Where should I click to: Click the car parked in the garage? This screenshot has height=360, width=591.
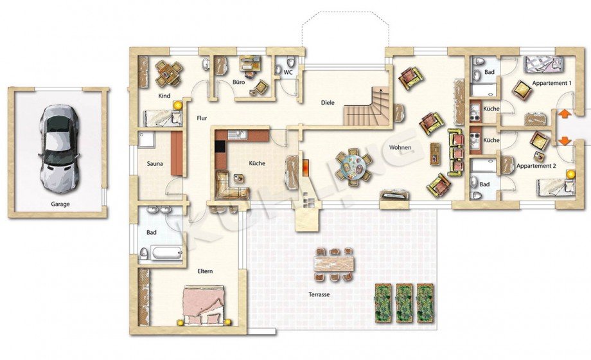pyautogui.click(x=59, y=148)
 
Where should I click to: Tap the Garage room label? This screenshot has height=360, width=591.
pyautogui.click(x=60, y=204)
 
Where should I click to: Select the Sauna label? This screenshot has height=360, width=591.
pyautogui.click(x=155, y=164)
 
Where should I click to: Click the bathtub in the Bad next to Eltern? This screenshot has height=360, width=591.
pyautogui.click(x=166, y=252)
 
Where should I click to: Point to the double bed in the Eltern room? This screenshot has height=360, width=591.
pyautogui.click(x=204, y=305)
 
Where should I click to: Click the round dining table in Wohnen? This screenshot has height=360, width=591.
pyautogui.click(x=354, y=166)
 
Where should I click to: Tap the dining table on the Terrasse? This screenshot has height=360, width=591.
pyautogui.click(x=334, y=264)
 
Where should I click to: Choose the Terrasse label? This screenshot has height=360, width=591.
pyautogui.click(x=319, y=294)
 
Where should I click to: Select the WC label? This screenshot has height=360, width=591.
pyautogui.click(x=288, y=72)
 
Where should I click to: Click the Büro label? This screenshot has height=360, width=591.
pyautogui.click(x=238, y=82)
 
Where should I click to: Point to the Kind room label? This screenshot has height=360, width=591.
pyautogui.click(x=164, y=96)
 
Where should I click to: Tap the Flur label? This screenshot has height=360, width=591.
pyautogui.click(x=202, y=118)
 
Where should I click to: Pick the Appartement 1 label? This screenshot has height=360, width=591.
pyautogui.click(x=552, y=83)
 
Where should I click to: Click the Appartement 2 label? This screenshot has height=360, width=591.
pyautogui.click(x=536, y=166)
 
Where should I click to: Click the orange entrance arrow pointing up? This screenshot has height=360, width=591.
pyautogui.click(x=564, y=113)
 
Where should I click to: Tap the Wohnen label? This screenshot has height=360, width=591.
pyautogui.click(x=400, y=148)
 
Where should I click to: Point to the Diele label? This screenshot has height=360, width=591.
pyautogui.click(x=328, y=103)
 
